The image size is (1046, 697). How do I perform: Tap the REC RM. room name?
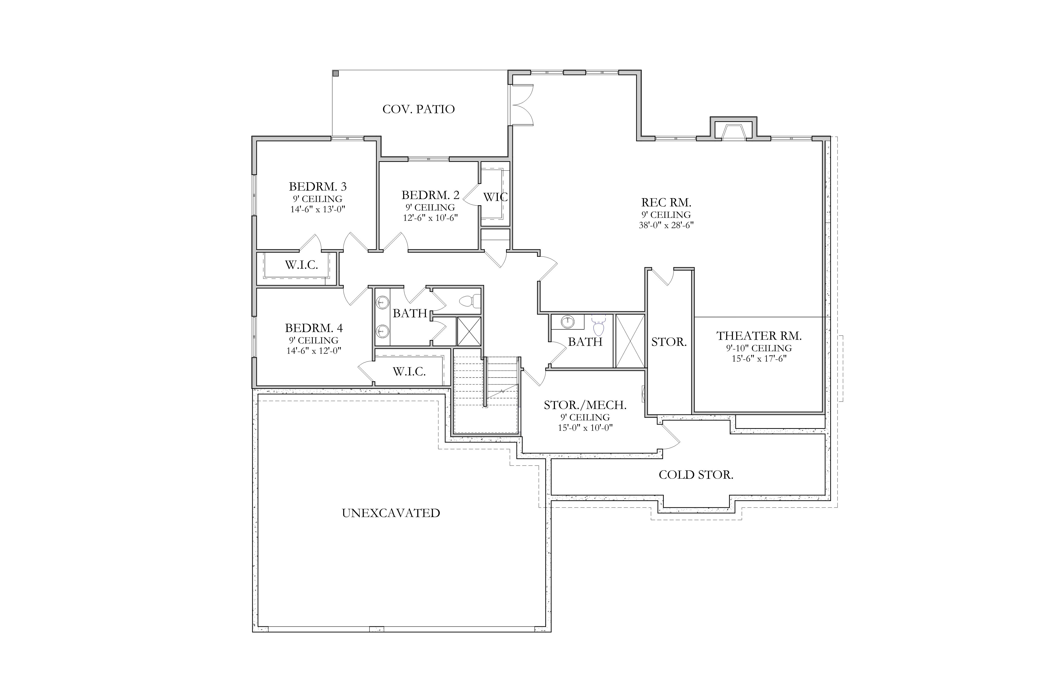coord(666,203)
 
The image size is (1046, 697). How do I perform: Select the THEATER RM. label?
coord(759,336)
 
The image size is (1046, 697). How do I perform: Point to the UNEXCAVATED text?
coord(391,513)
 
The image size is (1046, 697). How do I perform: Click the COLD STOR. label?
coord(696,475)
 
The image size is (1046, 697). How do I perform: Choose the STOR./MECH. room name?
coord(585,405)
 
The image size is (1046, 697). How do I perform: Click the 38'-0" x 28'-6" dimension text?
coord(666,225)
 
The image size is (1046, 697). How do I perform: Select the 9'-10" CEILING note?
coord(759,348)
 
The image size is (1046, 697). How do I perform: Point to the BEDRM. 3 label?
coord(318,187)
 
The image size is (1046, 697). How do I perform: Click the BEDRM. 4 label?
coord(314,328)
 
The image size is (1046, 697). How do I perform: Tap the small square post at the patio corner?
coord(336,73)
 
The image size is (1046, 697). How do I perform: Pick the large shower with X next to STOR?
coord(629,341)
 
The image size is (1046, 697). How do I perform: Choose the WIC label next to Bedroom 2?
coord(495,197)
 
